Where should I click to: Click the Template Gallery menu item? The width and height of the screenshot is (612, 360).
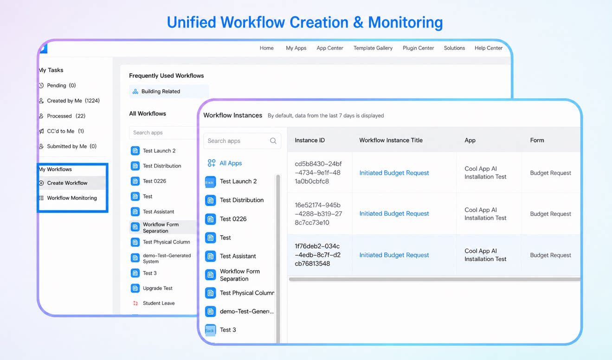pyautogui.click(x=373, y=48)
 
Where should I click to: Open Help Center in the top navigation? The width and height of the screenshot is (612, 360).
pyautogui.click(x=489, y=48)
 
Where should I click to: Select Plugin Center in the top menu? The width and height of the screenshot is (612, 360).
pyautogui.click(x=419, y=48)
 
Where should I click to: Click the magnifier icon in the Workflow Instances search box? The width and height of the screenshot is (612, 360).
pyautogui.click(x=273, y=141)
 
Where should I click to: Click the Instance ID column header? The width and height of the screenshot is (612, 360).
pyautogui.click(x=309, y=140)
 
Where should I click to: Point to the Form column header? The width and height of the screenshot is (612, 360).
pyautogui.click(x=537, y=140)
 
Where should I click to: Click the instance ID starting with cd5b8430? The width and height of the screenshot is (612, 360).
pyautogui.click(x=318, y=173)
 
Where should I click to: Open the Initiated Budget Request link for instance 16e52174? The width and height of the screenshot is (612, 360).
pyautogui.click(x=394, y=213)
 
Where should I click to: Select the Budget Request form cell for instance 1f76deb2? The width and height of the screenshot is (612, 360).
pyautogui.click(x=551, y=255)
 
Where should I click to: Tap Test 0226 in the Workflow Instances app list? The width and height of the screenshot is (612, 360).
pyautogui.click(x=233, y=219)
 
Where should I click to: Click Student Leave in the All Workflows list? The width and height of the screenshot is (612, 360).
pyautogui.click(x=159, y=303)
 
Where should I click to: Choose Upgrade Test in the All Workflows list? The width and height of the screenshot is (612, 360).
pyautogui.click(x=158, y=288)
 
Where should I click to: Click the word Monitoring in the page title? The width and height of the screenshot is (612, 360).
pyautogui.click(x=405, y=22)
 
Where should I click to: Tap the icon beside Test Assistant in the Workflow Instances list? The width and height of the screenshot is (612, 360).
pyautogui.click(x=210, y=256)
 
